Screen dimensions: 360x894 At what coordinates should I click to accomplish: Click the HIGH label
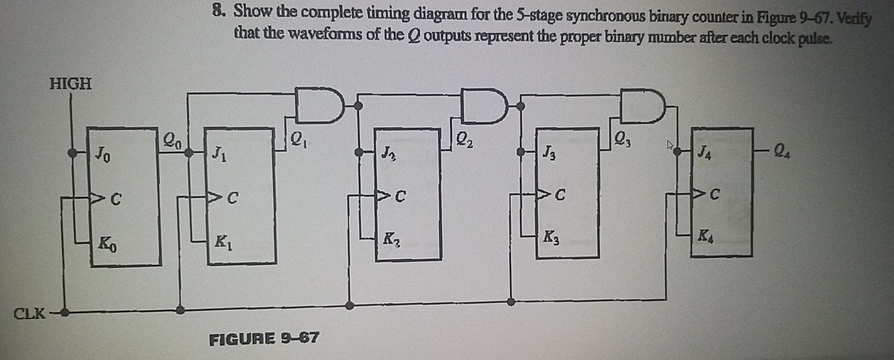pos(70,83)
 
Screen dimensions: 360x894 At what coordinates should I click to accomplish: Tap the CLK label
pos(30,314)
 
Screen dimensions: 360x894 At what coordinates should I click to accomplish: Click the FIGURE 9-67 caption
pos(264,338)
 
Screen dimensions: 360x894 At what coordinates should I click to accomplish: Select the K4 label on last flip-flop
pos(705,235)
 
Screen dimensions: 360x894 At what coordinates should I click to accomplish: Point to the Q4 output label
pos(782,150)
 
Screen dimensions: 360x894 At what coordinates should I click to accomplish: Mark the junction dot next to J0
pos(72,152)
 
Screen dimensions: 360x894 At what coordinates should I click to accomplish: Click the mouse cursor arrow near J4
pos(669,145)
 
